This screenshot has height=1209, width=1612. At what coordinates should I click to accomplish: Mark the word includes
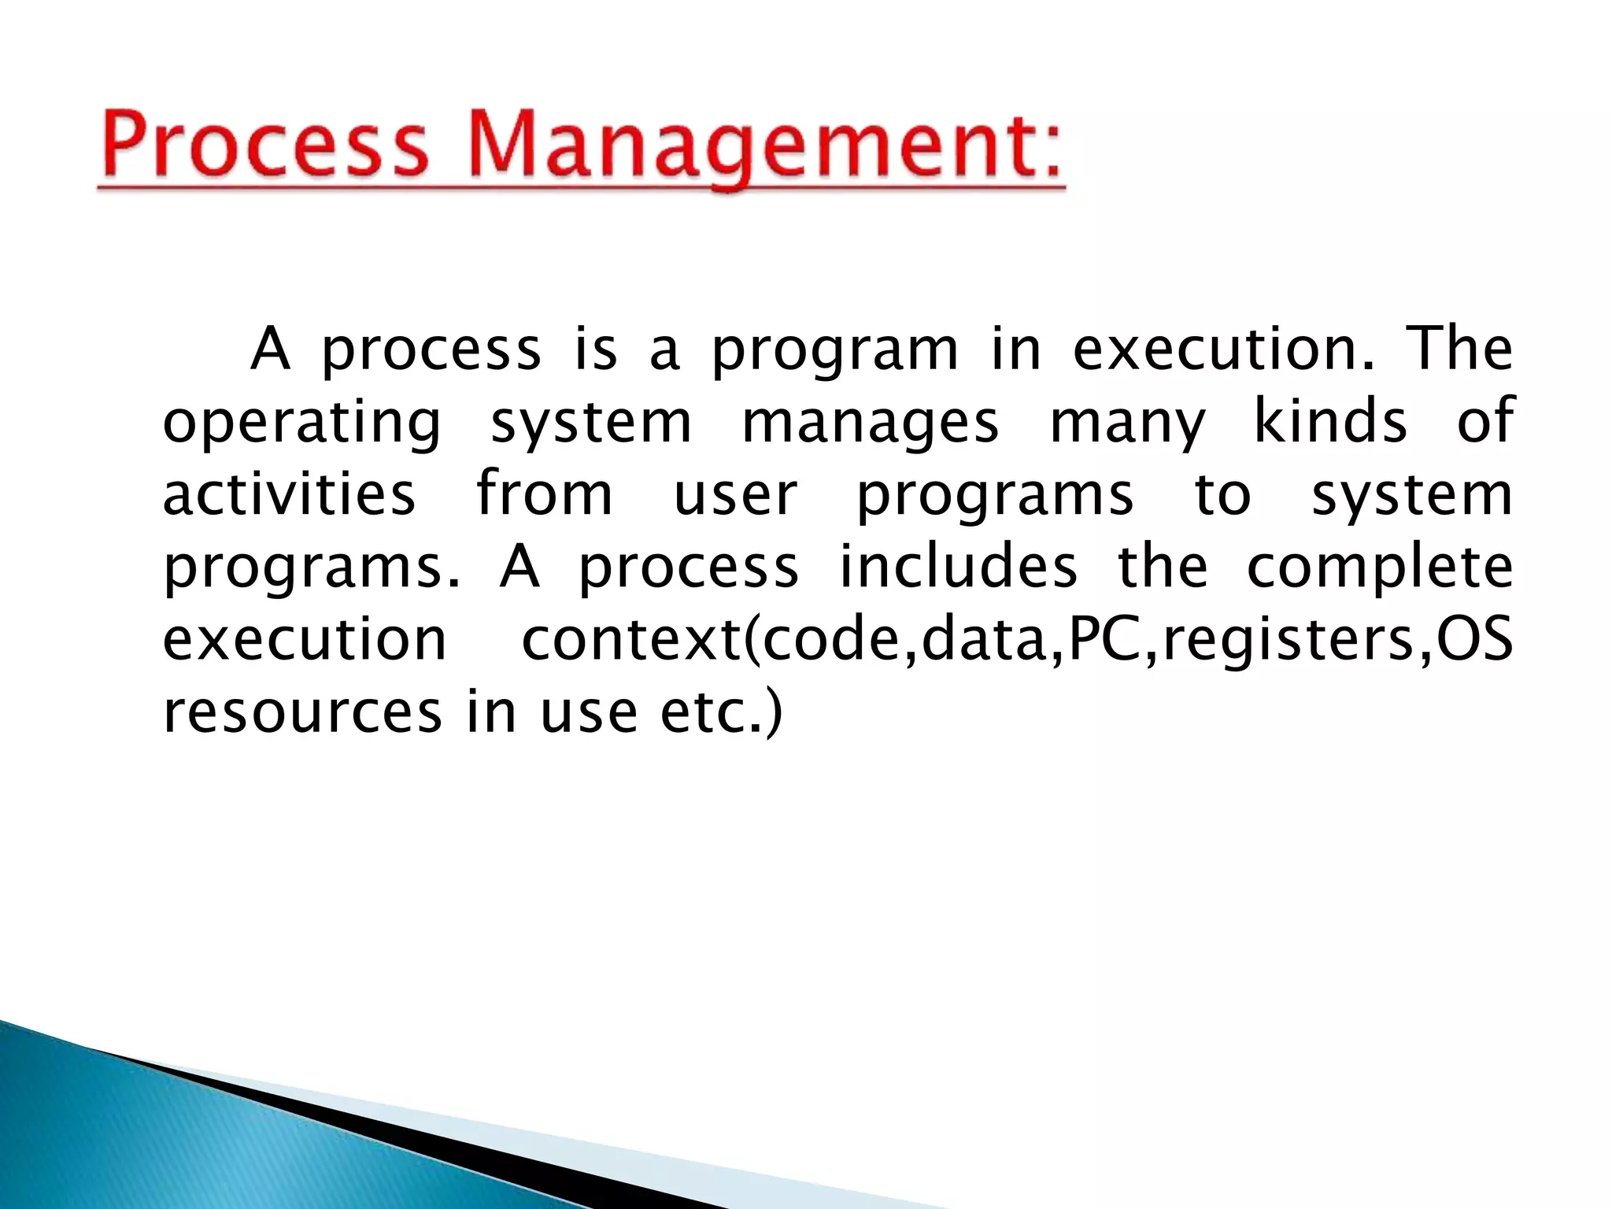click(x=958, y=566)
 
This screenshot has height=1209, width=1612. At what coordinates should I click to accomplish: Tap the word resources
click(x=302, y=712)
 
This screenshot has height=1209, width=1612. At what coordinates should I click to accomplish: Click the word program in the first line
click(x=835, y=351)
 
